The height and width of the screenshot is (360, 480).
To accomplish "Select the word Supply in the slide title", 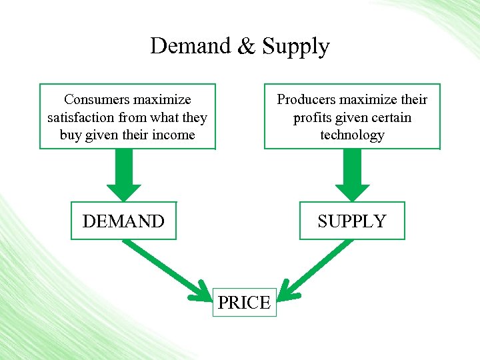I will click(295, 47).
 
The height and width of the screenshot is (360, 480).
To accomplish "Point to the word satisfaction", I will click(81, 117).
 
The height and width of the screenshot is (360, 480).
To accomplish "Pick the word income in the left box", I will click(173, 135).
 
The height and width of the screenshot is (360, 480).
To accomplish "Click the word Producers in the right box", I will click(308, 99).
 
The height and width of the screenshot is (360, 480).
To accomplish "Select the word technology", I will click(352, 135).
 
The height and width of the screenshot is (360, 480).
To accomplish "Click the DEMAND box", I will click(123, 221).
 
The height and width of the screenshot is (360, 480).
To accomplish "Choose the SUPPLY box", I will click(351, 221).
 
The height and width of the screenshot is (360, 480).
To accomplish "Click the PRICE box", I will click(244, 303).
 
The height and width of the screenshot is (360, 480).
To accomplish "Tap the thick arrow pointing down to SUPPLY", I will click(352, 175).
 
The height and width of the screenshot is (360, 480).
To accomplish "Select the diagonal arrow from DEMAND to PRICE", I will click(167, 269).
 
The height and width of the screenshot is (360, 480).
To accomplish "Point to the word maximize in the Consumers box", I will click(163, 99).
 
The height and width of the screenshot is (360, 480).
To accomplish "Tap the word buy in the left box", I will click(71, 135).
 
